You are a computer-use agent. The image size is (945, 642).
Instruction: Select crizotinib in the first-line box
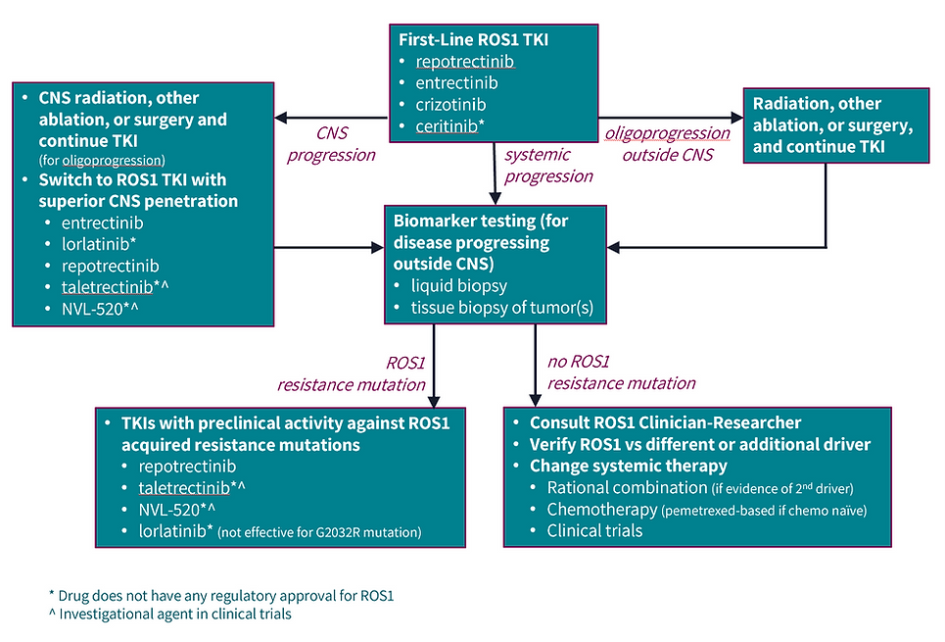[451, 104]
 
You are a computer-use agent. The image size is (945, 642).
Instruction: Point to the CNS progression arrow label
[331, 144]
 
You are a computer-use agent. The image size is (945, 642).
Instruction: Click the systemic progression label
[548, 165]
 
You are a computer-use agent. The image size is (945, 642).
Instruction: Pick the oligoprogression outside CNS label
[667, 144]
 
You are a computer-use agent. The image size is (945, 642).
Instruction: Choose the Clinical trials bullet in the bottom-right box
[594, 530]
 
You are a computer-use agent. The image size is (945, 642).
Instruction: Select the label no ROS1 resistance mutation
[621, 372]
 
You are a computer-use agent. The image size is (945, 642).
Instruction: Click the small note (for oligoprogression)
[102, 160]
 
